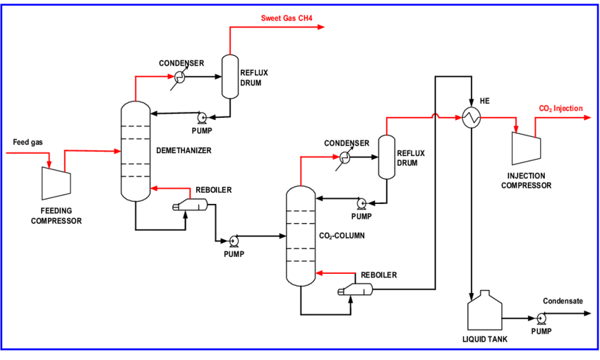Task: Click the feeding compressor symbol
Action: [55, 183]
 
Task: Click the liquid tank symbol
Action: [484, 312]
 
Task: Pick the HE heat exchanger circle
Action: [471, 119]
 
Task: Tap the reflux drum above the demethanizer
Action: [229, 76]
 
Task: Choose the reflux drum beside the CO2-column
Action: [386, 157]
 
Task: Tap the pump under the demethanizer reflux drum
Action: [201, 118]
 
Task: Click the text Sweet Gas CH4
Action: [287, 18]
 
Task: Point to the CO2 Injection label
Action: [560, 109]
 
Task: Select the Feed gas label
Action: [28, 143]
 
